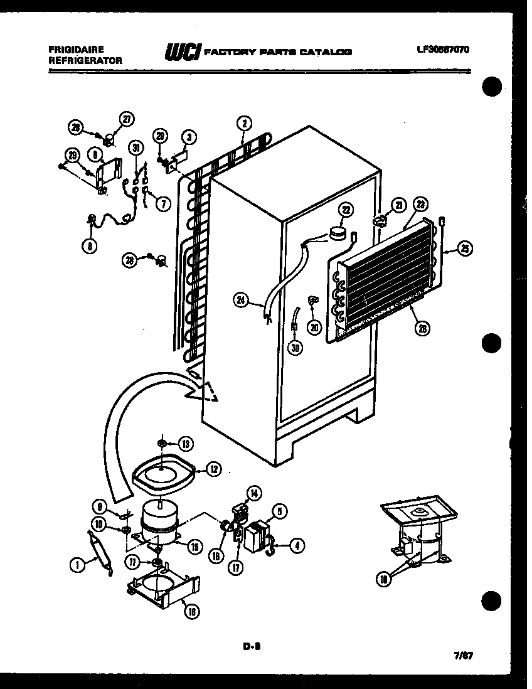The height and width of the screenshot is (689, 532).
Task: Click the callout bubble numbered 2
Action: click(x=244, y=123)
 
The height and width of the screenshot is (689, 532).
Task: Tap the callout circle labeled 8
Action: click(x=91, y=247)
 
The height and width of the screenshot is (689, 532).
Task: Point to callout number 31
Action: click(x=136, y=147)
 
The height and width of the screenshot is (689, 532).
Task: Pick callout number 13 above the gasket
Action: click(x=186, y=444)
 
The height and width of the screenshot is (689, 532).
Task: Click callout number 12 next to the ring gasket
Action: click(x=214, y=467)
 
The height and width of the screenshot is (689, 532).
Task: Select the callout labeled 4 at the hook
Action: click(x=297, y=546)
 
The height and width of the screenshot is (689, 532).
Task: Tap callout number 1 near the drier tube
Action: click(x=77, y=565)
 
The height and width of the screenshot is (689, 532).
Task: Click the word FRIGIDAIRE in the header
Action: click(x=73, y=49)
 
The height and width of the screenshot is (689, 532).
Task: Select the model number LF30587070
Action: click(x=442, y=49)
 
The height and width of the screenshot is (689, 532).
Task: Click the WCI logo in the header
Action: click(x=180, y=53)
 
